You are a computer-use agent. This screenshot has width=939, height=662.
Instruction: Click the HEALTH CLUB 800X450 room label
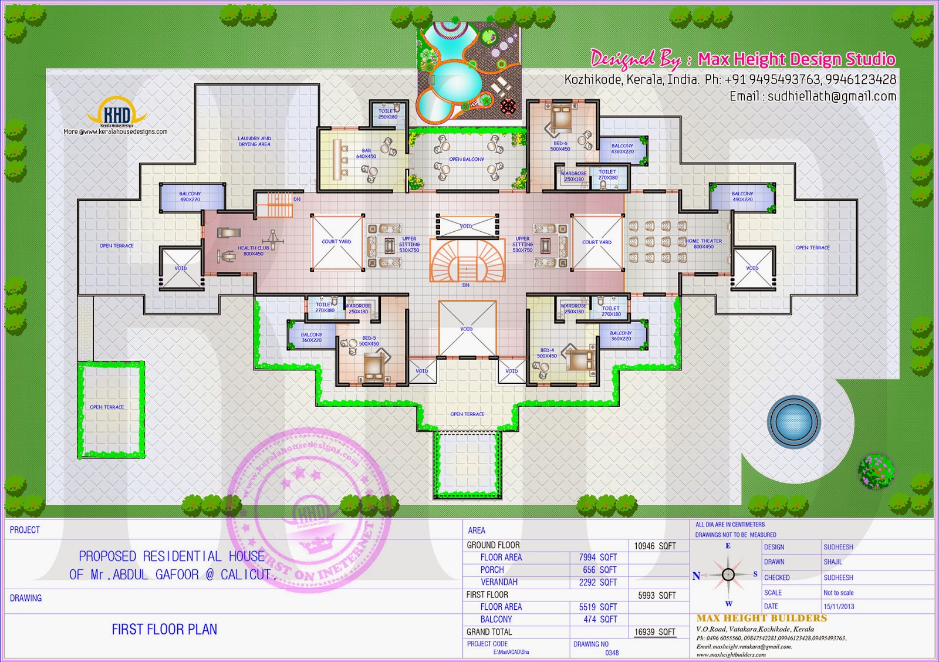pos(254,251)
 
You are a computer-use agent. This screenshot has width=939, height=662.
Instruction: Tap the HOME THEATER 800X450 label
pos(704,244)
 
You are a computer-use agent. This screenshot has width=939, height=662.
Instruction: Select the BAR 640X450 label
pos(366,154)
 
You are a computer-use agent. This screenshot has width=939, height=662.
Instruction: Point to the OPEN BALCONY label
pos(467,159)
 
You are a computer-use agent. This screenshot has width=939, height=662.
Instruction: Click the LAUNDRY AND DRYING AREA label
pos(255,141)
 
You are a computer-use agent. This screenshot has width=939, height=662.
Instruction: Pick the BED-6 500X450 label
pos(560,146)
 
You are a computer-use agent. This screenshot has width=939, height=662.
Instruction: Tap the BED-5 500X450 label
pos(369,341)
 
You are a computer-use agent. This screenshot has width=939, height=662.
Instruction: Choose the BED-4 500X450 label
pos(546,353)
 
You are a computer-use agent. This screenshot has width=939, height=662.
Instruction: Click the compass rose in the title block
pos(728,574)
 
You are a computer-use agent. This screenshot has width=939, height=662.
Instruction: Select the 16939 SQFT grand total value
pos(654,632)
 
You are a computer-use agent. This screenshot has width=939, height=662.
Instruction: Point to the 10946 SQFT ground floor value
pos(655,546)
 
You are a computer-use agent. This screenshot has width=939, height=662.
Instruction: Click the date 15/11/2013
pos(839,607)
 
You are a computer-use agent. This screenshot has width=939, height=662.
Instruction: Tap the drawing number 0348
pos(612,653)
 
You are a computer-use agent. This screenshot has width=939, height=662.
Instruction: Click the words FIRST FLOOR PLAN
pos(164,630)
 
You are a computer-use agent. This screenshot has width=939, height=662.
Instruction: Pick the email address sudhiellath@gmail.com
pos(813,96)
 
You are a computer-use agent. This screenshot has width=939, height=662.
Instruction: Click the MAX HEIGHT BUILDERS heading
pos(761,618)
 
